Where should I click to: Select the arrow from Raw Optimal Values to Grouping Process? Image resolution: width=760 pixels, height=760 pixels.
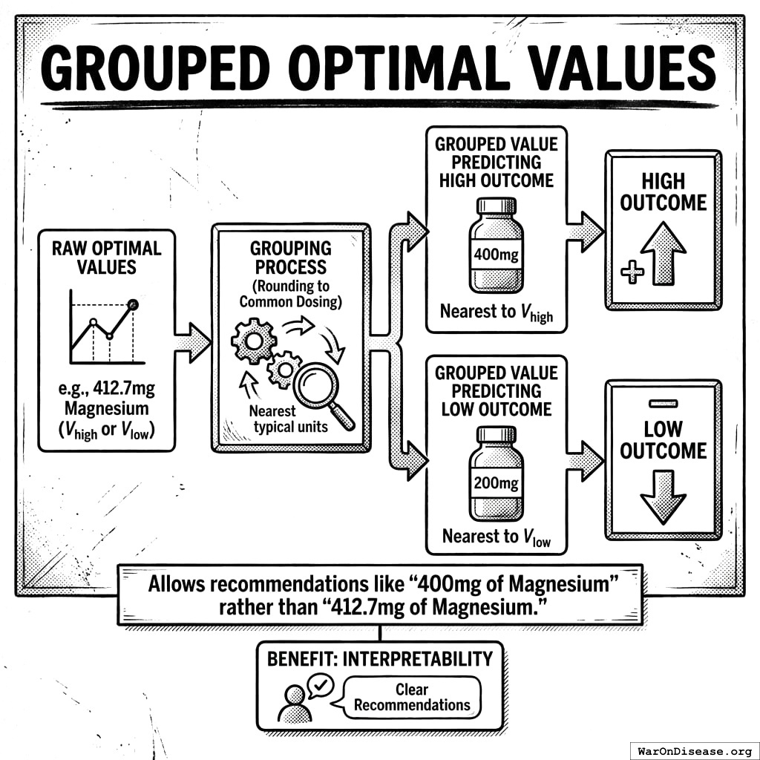[x=192, y=343]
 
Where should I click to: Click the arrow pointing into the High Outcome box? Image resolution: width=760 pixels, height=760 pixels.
[x=586, y=231]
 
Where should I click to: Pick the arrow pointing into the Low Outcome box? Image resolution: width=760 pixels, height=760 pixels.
[x=586, y=460]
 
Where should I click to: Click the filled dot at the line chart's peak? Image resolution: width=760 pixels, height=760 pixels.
[x=133, y=304]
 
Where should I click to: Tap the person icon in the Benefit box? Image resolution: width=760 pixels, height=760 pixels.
[x=294, y=704]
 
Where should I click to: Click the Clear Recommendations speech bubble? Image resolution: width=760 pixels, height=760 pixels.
[x=412, y=698]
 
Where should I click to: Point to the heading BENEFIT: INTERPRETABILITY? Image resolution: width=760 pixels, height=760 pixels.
[x=379, y=659]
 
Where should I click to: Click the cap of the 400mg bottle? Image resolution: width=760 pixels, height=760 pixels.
[x=496, y=206]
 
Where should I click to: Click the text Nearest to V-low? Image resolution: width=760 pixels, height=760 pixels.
[x=496, y=536]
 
